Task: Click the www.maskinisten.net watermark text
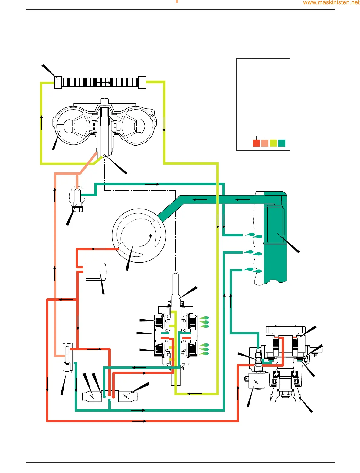(331, 3)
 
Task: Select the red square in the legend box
(256, 143)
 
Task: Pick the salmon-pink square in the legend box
(265, 143)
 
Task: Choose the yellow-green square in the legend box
(273, 143)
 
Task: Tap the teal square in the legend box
(282, 143)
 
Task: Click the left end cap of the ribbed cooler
(58, 82)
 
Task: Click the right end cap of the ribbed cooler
(142, 82)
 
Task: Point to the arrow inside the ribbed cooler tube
(103, 82)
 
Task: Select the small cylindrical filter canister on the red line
(95, 272)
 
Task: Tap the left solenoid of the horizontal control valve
(92, 396)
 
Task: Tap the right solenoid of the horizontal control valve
(128, 396)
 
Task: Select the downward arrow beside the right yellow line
(164, 125)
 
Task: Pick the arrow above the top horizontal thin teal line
(152, 184)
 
